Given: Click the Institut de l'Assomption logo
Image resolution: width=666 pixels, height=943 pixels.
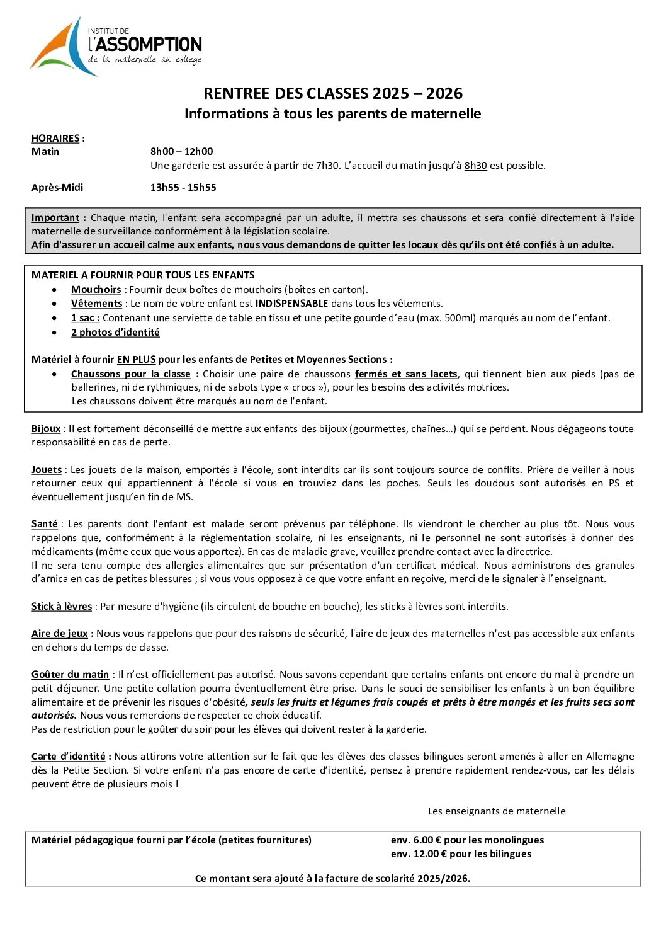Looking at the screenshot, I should pos(116,47).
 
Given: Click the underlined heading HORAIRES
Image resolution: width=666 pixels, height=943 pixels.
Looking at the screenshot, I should pos(55,139).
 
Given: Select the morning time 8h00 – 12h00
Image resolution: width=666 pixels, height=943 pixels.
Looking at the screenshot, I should pos(181,152).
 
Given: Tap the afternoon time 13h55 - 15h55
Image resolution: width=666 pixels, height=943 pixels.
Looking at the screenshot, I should pos(183,188).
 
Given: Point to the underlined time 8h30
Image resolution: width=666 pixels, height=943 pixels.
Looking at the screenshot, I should pos(475,166).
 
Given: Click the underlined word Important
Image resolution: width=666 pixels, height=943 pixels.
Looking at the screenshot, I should pos(55,218).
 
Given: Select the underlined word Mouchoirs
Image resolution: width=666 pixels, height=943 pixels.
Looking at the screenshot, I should pos(96,290).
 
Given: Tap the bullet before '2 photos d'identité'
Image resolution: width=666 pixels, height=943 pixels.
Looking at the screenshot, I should pos(57,333).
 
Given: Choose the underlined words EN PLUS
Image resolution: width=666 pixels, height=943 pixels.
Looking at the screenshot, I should pos(136,360).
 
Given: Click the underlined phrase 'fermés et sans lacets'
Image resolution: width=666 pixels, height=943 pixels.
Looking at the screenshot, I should pos(406,374).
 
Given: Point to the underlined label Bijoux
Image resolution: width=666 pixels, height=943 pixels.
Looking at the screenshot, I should pos(46,429).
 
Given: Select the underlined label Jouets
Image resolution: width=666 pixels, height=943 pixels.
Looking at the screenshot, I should pos(47,470).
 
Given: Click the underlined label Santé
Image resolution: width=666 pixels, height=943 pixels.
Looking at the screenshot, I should pos(45,524).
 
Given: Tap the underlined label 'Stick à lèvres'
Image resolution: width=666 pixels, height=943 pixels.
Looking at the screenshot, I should pos(62,607).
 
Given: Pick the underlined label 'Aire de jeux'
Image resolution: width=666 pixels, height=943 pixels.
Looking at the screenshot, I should pos(60,634).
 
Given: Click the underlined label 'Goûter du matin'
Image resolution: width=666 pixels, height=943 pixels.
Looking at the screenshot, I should pos(70,675).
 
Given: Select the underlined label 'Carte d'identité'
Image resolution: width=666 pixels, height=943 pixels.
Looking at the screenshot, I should pos(69,757).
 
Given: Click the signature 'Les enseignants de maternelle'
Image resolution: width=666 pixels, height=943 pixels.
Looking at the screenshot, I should pos(497,811).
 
